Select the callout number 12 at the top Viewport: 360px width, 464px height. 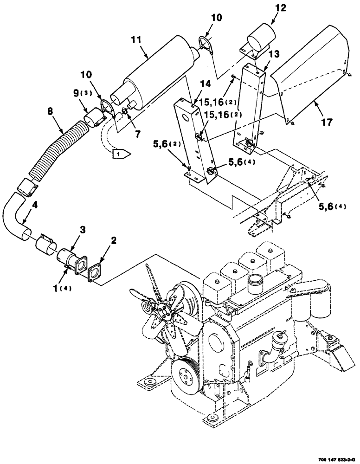coord(270,8)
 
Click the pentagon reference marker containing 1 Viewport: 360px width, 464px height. coord(122,154)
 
